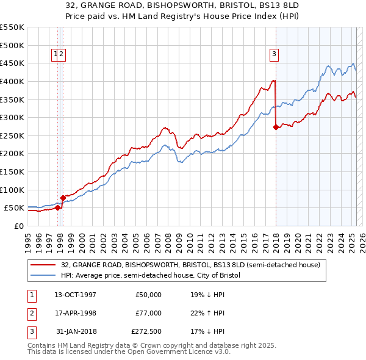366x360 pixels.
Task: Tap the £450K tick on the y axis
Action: pos(12,63)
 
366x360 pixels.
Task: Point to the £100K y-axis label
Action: pos(12,190)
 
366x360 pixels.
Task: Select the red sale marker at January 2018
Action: pos(276,128)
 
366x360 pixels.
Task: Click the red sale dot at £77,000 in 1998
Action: pos(63,198)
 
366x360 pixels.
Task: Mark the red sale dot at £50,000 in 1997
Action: pos(57,207)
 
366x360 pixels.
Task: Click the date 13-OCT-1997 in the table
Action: pos(75,295)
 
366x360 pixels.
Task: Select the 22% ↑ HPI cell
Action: pos(207,313)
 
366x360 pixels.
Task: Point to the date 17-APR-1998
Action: pos(75,313)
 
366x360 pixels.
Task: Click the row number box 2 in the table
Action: pos(31,313)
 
